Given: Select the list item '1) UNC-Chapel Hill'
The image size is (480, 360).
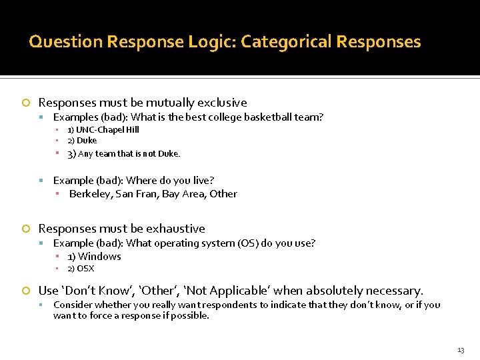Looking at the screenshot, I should [x=103, y=130].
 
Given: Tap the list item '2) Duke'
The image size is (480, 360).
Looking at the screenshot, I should [x=82, y=141].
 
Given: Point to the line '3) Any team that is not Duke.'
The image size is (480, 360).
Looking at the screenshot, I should [x=123, y=154].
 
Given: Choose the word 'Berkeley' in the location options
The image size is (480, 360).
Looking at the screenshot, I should [x=90, y=194].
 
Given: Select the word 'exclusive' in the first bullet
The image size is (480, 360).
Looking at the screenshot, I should [x=223, y=103].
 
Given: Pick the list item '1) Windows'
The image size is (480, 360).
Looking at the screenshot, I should [x=94, y=257].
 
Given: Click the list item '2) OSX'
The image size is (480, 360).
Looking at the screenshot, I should [x=81, y=269].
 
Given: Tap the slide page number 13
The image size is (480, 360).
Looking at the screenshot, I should [x=461, y=350].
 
